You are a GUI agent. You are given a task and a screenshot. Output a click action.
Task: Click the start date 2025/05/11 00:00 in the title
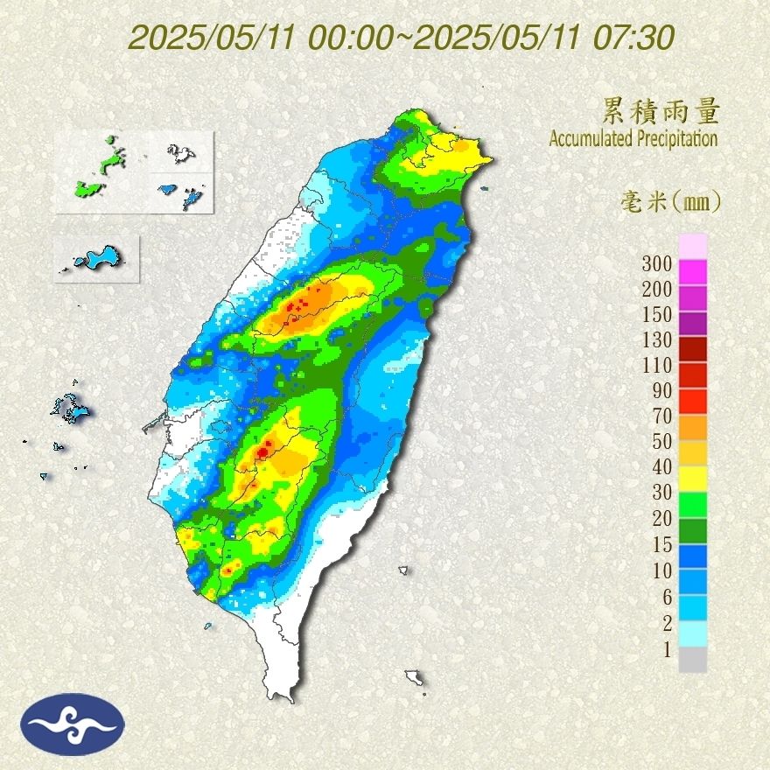pyautogui.click(x=266, y=38)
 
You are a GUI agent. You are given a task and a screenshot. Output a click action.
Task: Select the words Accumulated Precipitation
pyautogui.click(x=633, y=138)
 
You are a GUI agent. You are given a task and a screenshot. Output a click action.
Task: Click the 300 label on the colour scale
pyautogui.click(x=656, y=263)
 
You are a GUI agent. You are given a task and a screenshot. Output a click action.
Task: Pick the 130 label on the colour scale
pyautogui.click(x=656, y=339)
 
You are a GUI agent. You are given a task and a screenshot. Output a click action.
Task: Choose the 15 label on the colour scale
pyautogui.click(x=661, y=545)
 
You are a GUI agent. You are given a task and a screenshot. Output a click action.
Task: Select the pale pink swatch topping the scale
pyautogui.click(x=692, y=246)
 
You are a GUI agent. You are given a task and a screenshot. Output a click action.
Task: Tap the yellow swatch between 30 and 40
pyautogui.click(x=692, y=479)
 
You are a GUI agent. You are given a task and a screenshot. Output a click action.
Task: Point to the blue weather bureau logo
pyautogui.click(x=74, y=724)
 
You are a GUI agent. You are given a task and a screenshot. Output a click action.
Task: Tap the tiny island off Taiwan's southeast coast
pyautogui.click(x=403, y=570)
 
